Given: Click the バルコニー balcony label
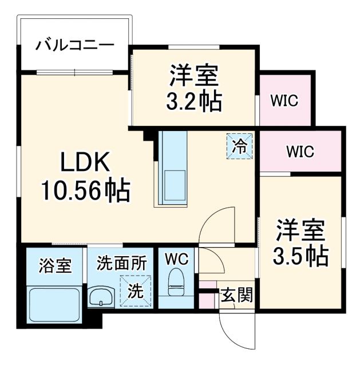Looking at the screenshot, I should (75, 45).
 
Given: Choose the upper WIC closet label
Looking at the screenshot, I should (284, 101).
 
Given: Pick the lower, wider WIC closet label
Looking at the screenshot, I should (300, 152).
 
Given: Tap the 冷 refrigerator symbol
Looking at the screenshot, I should (239, 145).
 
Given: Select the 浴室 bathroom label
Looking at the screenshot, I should (56, 265).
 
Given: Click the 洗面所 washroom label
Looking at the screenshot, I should (121, 264).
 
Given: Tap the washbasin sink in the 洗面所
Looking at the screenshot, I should (102, 297).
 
